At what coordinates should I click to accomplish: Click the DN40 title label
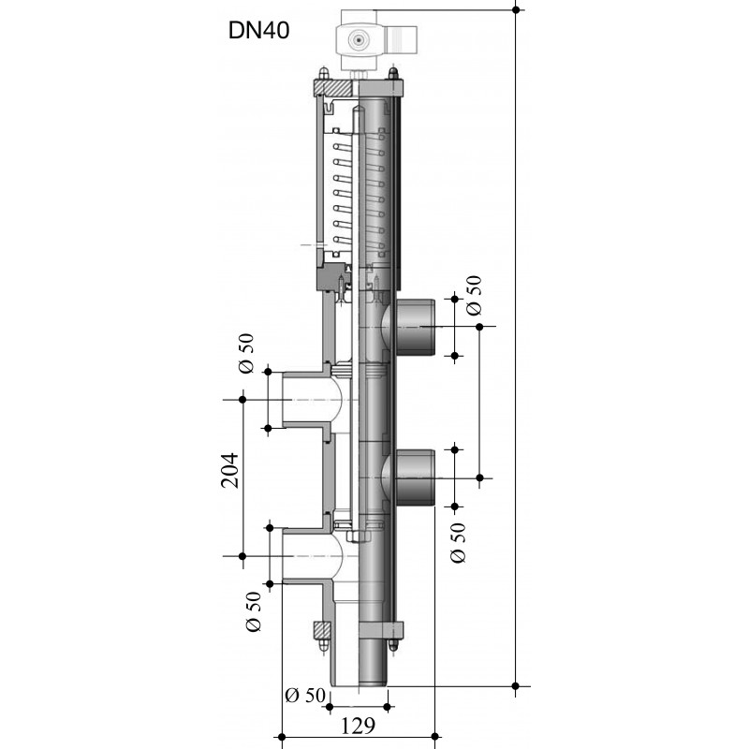point(259,31)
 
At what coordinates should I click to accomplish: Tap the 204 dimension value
point(229,471)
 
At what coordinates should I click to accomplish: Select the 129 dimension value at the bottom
point(358,727)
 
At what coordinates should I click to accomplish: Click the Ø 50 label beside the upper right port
point(474,296)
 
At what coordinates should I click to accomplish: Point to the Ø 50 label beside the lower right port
point(457,543)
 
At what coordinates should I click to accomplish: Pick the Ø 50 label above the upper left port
point(246,354)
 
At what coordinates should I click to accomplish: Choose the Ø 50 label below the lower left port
point(253,611)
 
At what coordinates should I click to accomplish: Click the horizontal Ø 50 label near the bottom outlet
point(305,695)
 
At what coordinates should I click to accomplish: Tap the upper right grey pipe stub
point(415,327)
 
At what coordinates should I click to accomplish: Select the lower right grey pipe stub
point(415,477)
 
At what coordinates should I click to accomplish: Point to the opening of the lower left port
point(286,556)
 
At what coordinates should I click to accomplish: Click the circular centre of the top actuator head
point(357,40)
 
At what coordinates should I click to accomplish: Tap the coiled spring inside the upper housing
point(359,195)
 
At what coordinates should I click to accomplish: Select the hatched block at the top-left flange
point(333,88)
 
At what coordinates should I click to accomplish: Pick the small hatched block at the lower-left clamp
point(321,630)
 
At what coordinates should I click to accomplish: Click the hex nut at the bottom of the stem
point(358,536)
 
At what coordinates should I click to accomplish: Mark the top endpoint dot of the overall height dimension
point(516,9)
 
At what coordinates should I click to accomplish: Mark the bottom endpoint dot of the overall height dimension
point(516,686)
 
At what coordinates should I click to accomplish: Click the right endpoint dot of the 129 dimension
point(434,736)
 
